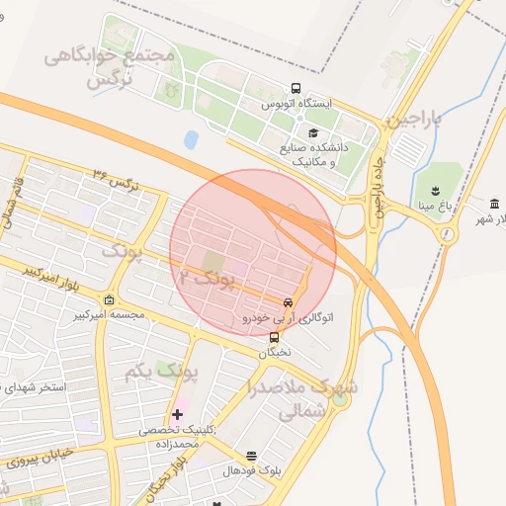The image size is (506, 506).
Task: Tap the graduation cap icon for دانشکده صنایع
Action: [313, 133]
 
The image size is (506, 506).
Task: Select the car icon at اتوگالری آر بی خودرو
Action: [288, 302]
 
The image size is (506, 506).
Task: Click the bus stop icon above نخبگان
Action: [274, 337]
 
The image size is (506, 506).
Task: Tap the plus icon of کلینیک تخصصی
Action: [177, 413]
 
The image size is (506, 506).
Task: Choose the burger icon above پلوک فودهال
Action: [251, 457]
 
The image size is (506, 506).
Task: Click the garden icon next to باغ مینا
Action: [434, 190]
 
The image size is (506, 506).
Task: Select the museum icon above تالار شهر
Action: [492, 202]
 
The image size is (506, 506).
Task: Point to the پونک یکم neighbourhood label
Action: [163, 372]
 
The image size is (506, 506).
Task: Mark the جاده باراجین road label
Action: [376, 188]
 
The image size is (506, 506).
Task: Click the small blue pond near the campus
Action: [191, 139]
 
